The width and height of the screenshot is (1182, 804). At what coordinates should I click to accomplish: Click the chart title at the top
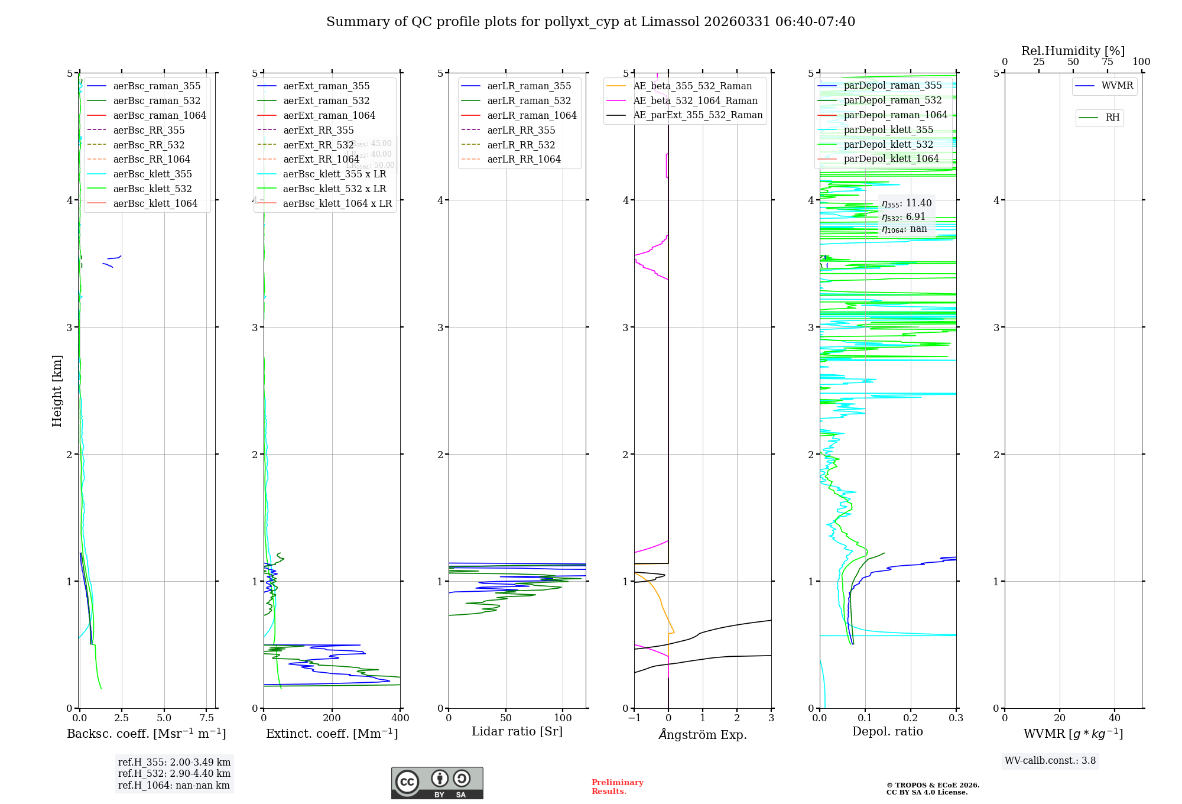tap(590, 22)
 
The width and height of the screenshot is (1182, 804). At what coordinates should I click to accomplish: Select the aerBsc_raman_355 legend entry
tap(157, 86)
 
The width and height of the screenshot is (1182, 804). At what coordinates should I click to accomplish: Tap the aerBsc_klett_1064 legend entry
tap(155, 204)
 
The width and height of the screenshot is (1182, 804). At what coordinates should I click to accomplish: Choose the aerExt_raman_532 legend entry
tap(326, 101)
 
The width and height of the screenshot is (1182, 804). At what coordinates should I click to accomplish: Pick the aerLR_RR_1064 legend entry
tap(524, 160)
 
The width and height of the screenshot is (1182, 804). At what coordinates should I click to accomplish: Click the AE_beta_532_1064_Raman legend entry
tap(695, 101)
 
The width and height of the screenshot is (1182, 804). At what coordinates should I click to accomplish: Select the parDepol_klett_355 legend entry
tap(888, 130)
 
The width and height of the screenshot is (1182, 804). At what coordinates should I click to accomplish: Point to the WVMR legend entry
tap(1117, 86)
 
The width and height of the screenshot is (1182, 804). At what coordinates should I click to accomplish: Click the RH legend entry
tap(1112, 118)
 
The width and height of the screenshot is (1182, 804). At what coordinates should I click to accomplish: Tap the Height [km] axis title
tap(57, 390)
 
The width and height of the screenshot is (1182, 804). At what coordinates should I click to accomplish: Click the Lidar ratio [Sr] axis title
tap(517, 732)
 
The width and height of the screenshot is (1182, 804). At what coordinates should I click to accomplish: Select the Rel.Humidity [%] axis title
tap(1073, 51)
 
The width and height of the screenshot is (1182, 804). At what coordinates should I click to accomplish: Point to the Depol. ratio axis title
tap(887, 732)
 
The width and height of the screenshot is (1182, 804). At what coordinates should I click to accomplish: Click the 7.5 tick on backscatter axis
tap(207, 718)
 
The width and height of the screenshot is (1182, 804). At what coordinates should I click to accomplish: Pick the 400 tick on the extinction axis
tap(400, 718)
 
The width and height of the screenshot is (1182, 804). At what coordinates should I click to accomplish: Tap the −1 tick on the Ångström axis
tap(634, 718)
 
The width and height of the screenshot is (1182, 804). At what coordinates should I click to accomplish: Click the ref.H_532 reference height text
tap(174, 774)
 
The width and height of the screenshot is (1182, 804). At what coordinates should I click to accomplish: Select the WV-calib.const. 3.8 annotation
tap(1050, 761)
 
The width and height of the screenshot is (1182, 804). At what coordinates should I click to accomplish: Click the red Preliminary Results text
tap(617, 787)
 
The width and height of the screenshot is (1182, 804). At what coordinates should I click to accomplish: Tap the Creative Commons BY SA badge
tap(437, 783)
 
